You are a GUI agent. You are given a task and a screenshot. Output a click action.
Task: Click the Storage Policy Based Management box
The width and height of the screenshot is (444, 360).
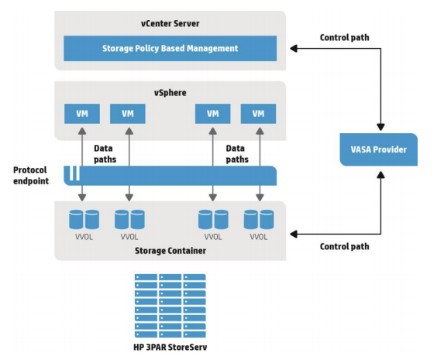[169, 48]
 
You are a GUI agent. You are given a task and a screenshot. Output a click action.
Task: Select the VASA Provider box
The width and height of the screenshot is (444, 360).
[378, 149]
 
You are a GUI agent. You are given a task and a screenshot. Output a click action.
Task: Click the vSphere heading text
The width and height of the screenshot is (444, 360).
[169, 92]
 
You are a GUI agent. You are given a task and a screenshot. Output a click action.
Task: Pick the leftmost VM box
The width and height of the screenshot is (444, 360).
[81, 114]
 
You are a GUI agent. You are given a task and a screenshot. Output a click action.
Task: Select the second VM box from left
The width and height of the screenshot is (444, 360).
[128, 114]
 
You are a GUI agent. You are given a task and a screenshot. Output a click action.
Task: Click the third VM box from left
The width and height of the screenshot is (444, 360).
[212, 114]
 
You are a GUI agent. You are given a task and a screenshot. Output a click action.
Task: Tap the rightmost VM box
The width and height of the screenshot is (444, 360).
[259, 114]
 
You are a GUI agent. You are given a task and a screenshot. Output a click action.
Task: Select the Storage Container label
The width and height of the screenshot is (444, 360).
[168, 251]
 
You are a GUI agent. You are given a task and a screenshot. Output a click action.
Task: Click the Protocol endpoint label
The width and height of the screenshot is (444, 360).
[32, 176]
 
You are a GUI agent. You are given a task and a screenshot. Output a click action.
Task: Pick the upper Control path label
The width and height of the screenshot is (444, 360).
[345, 37]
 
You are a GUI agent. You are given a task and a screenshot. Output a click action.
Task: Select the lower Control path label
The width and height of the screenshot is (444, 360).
[345, 246]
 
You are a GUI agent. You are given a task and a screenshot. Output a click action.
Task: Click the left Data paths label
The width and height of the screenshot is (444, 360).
[105, 153]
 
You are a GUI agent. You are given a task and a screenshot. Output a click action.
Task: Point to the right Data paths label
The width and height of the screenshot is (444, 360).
[237, 153]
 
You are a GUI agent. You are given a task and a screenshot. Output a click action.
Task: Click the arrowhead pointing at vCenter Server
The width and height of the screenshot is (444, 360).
[292, 48]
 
